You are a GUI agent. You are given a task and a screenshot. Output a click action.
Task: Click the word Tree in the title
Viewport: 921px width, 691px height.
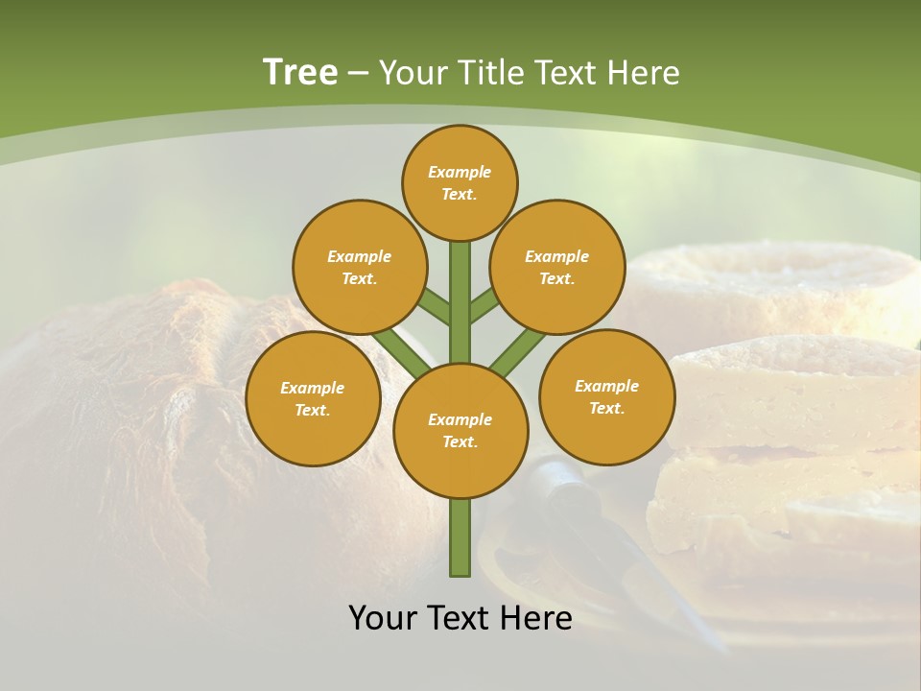(300, 73)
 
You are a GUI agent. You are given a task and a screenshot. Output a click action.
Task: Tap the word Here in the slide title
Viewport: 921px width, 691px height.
(644, 73)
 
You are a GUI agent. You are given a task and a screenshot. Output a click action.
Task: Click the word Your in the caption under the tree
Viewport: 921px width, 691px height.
(384, 618)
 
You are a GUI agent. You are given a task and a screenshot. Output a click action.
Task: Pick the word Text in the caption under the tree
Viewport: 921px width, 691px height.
(460, 618)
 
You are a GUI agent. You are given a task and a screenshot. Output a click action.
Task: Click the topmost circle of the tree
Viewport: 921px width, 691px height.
(460, 182)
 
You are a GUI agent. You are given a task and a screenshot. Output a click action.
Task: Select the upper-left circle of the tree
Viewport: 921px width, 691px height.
(359, 267)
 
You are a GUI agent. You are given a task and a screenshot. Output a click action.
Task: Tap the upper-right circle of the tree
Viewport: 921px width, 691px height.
(556, 267)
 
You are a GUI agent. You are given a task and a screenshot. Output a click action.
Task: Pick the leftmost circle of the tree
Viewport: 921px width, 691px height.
(312, 398)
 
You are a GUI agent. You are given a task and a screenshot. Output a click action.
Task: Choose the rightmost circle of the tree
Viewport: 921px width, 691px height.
(606, 396)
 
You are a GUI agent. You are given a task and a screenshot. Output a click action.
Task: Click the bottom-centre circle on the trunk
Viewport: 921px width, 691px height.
(460, 430)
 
